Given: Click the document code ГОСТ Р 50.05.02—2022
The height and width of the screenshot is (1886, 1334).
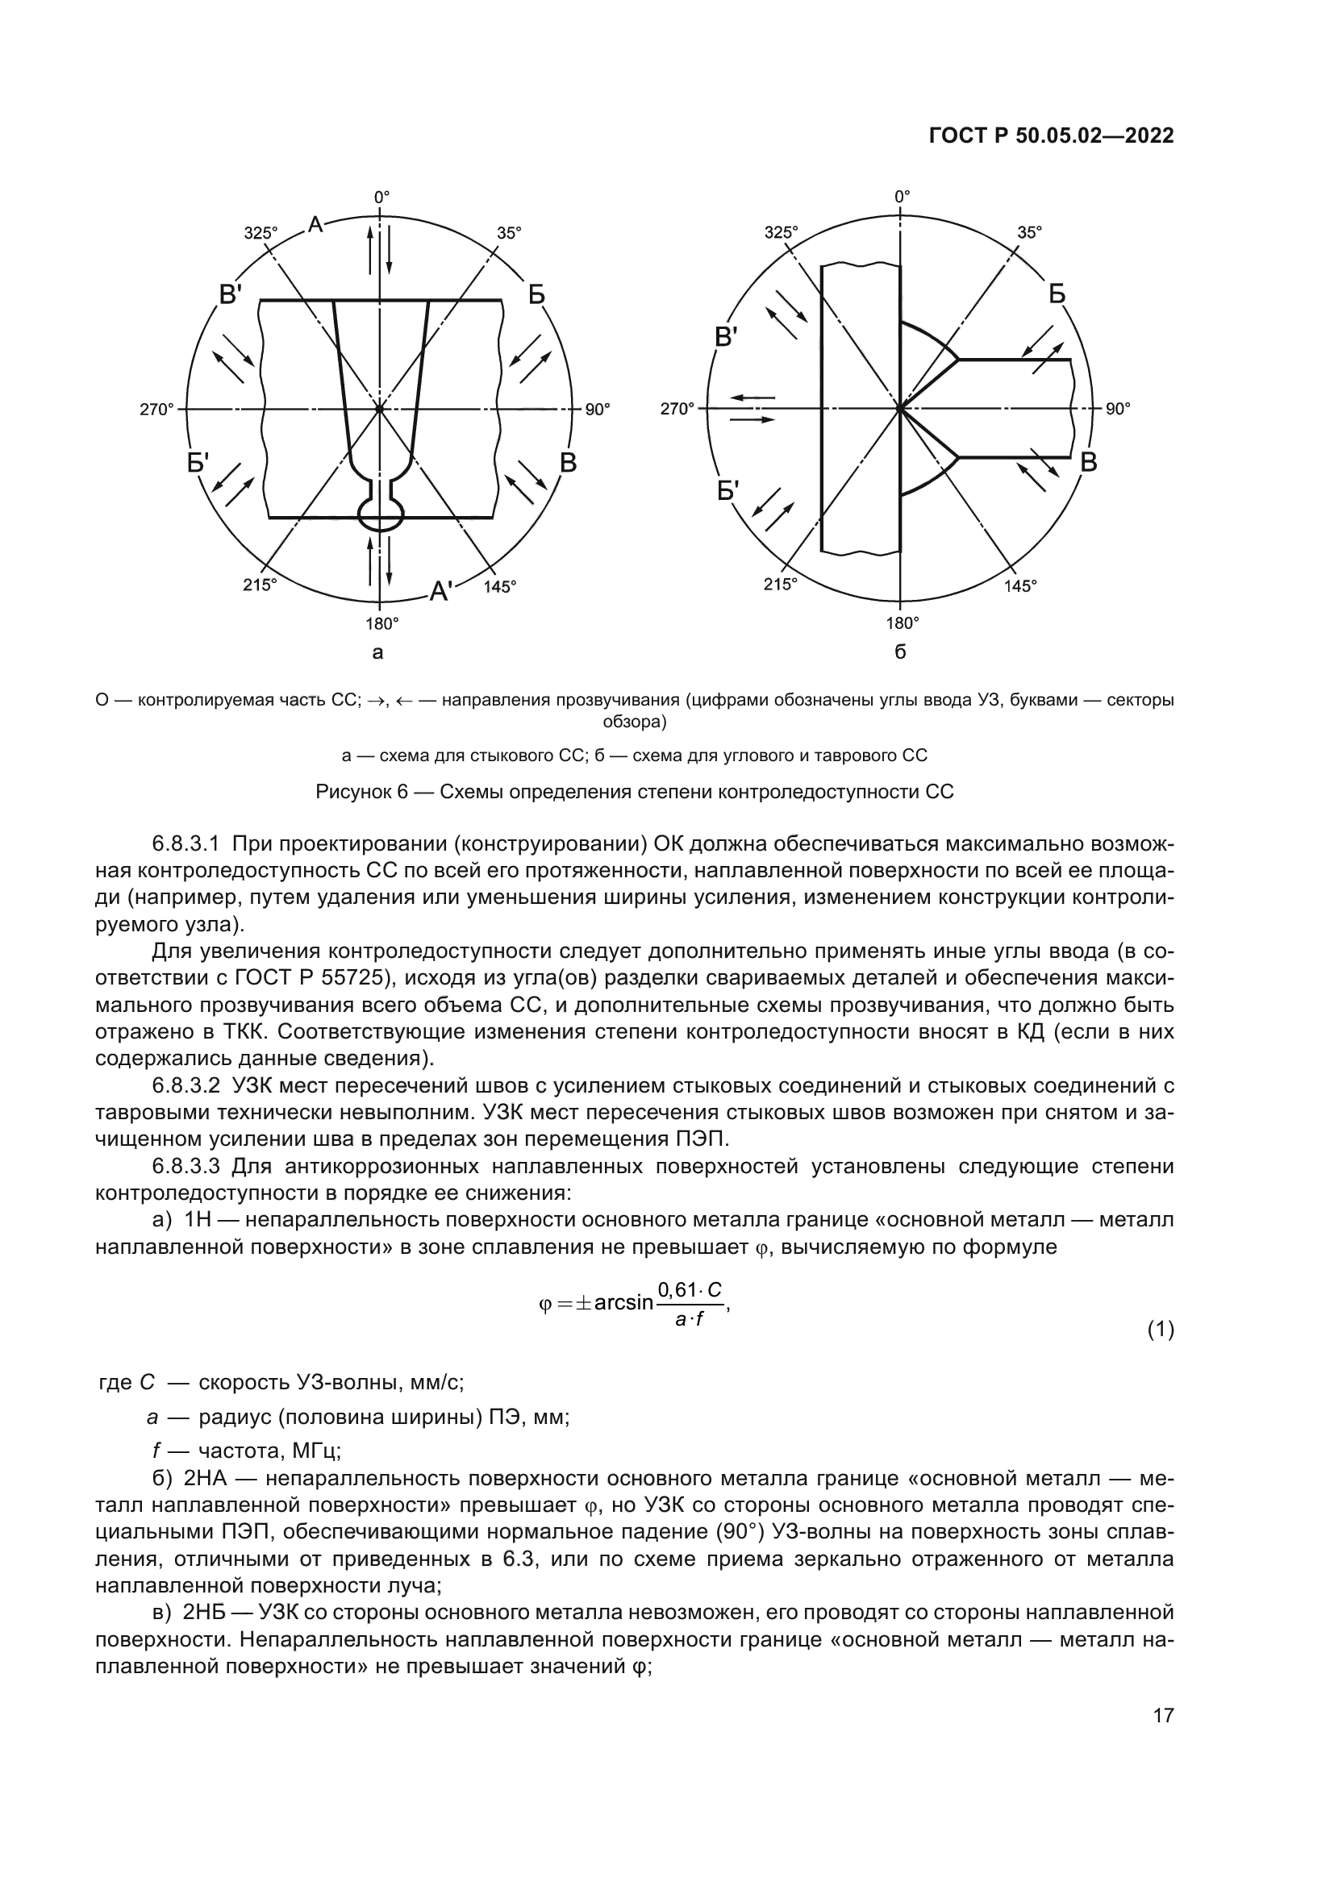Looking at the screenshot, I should (x=1051, y=135).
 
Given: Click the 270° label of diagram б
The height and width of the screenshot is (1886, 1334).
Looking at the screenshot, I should (x=677, y=409).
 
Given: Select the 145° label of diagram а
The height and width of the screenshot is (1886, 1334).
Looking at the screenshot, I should (x=499, y=586).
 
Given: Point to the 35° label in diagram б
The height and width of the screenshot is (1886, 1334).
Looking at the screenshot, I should (x=1029, y=232).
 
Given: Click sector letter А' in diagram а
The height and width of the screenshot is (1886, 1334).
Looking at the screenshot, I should (x=441, y=590).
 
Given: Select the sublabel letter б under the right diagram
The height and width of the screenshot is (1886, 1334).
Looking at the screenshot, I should (x=900, y=653).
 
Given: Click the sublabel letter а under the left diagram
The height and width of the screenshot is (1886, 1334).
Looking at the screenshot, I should (x=377, y=653).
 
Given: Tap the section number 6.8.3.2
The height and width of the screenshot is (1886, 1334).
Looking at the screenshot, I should (x=186, y=1086).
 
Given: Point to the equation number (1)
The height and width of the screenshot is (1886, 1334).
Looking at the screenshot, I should (x=1160, y=1330).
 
